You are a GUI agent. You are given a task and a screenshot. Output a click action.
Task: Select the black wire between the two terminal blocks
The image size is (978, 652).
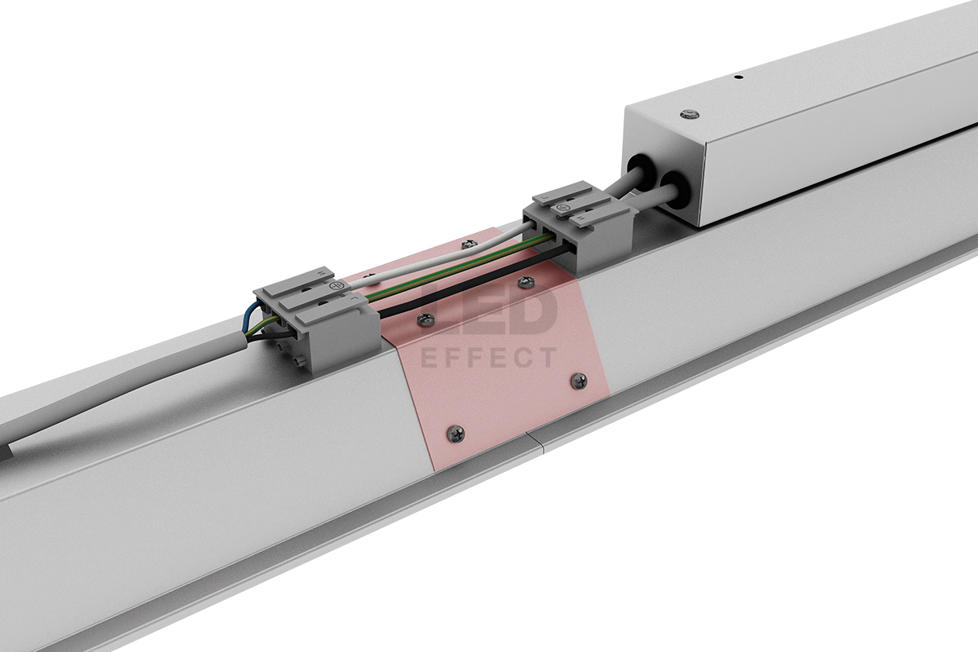pyautogui.click(x=474, y=280)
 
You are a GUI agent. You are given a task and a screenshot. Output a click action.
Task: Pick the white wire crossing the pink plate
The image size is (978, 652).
pyautogui.click(x=441, y=258)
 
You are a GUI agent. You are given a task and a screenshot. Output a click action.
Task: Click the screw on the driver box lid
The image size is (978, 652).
pyautogui.click(x=689, y=114)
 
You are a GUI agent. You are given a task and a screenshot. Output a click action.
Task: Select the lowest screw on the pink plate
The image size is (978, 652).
pyautogui.click(x=456, y=434)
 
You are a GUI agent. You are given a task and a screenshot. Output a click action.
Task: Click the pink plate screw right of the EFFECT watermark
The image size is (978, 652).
pyautogui.click(x=579, y=381)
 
